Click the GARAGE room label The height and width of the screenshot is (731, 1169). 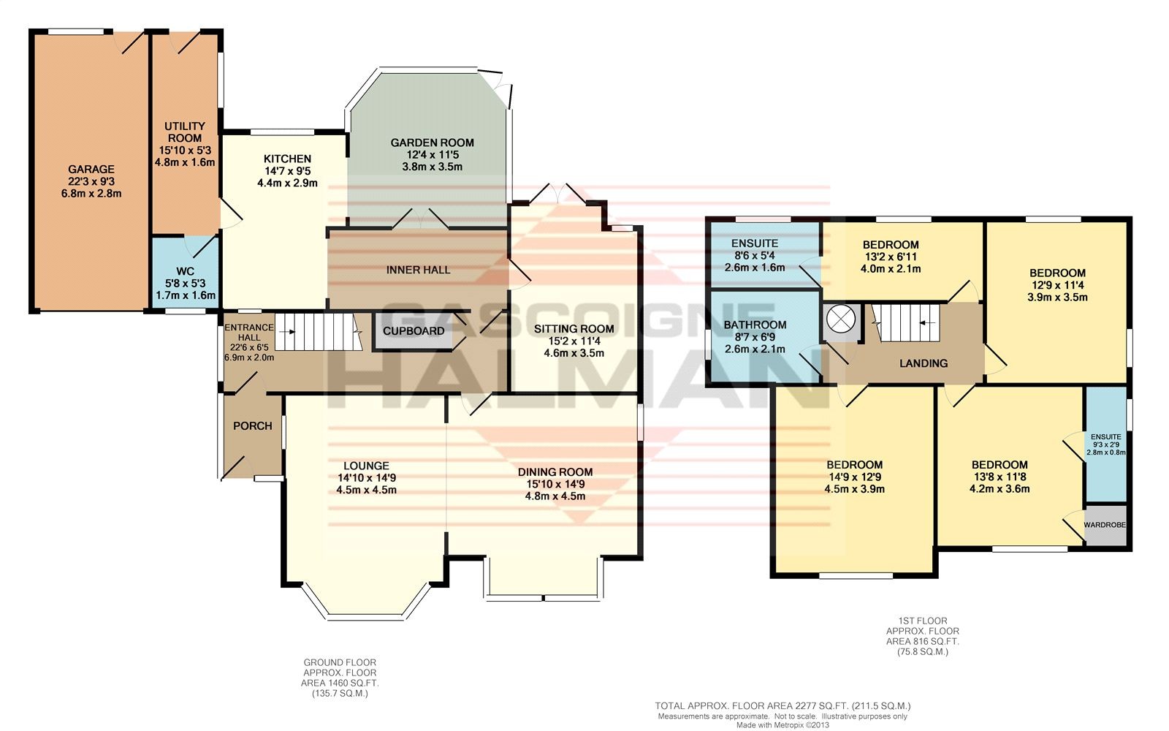click(x=91, y=169)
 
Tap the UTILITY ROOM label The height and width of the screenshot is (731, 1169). click(x=185, y=132)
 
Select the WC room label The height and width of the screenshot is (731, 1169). click(x=186, y=271)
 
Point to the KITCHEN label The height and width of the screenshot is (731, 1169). click(x=287, y=159)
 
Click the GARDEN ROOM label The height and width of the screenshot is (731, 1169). click(x=432, y=143)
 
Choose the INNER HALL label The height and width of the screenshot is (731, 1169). click(x=418, y=270)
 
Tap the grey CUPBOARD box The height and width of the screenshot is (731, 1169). click(x=414, y=331)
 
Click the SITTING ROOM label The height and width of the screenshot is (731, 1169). click(x=574, y=328)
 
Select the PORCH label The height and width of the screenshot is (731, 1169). click(x=253, y=426)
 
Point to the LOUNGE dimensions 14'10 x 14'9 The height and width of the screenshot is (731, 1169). click(x=366, y=478)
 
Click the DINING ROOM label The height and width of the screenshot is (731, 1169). click(x=555, y=472)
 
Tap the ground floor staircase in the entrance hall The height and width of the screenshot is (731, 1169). click(x=318, y=332)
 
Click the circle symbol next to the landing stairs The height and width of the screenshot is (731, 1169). click(x=841, y=318)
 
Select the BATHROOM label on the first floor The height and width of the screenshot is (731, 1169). click(x=755, y=325)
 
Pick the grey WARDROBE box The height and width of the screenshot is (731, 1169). click(x=1105, y=526)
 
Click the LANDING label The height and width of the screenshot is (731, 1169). click(x=924, y=363)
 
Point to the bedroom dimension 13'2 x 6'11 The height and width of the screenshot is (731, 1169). click(x=891, y=257)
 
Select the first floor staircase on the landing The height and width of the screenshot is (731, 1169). click(x=907, y=322)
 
